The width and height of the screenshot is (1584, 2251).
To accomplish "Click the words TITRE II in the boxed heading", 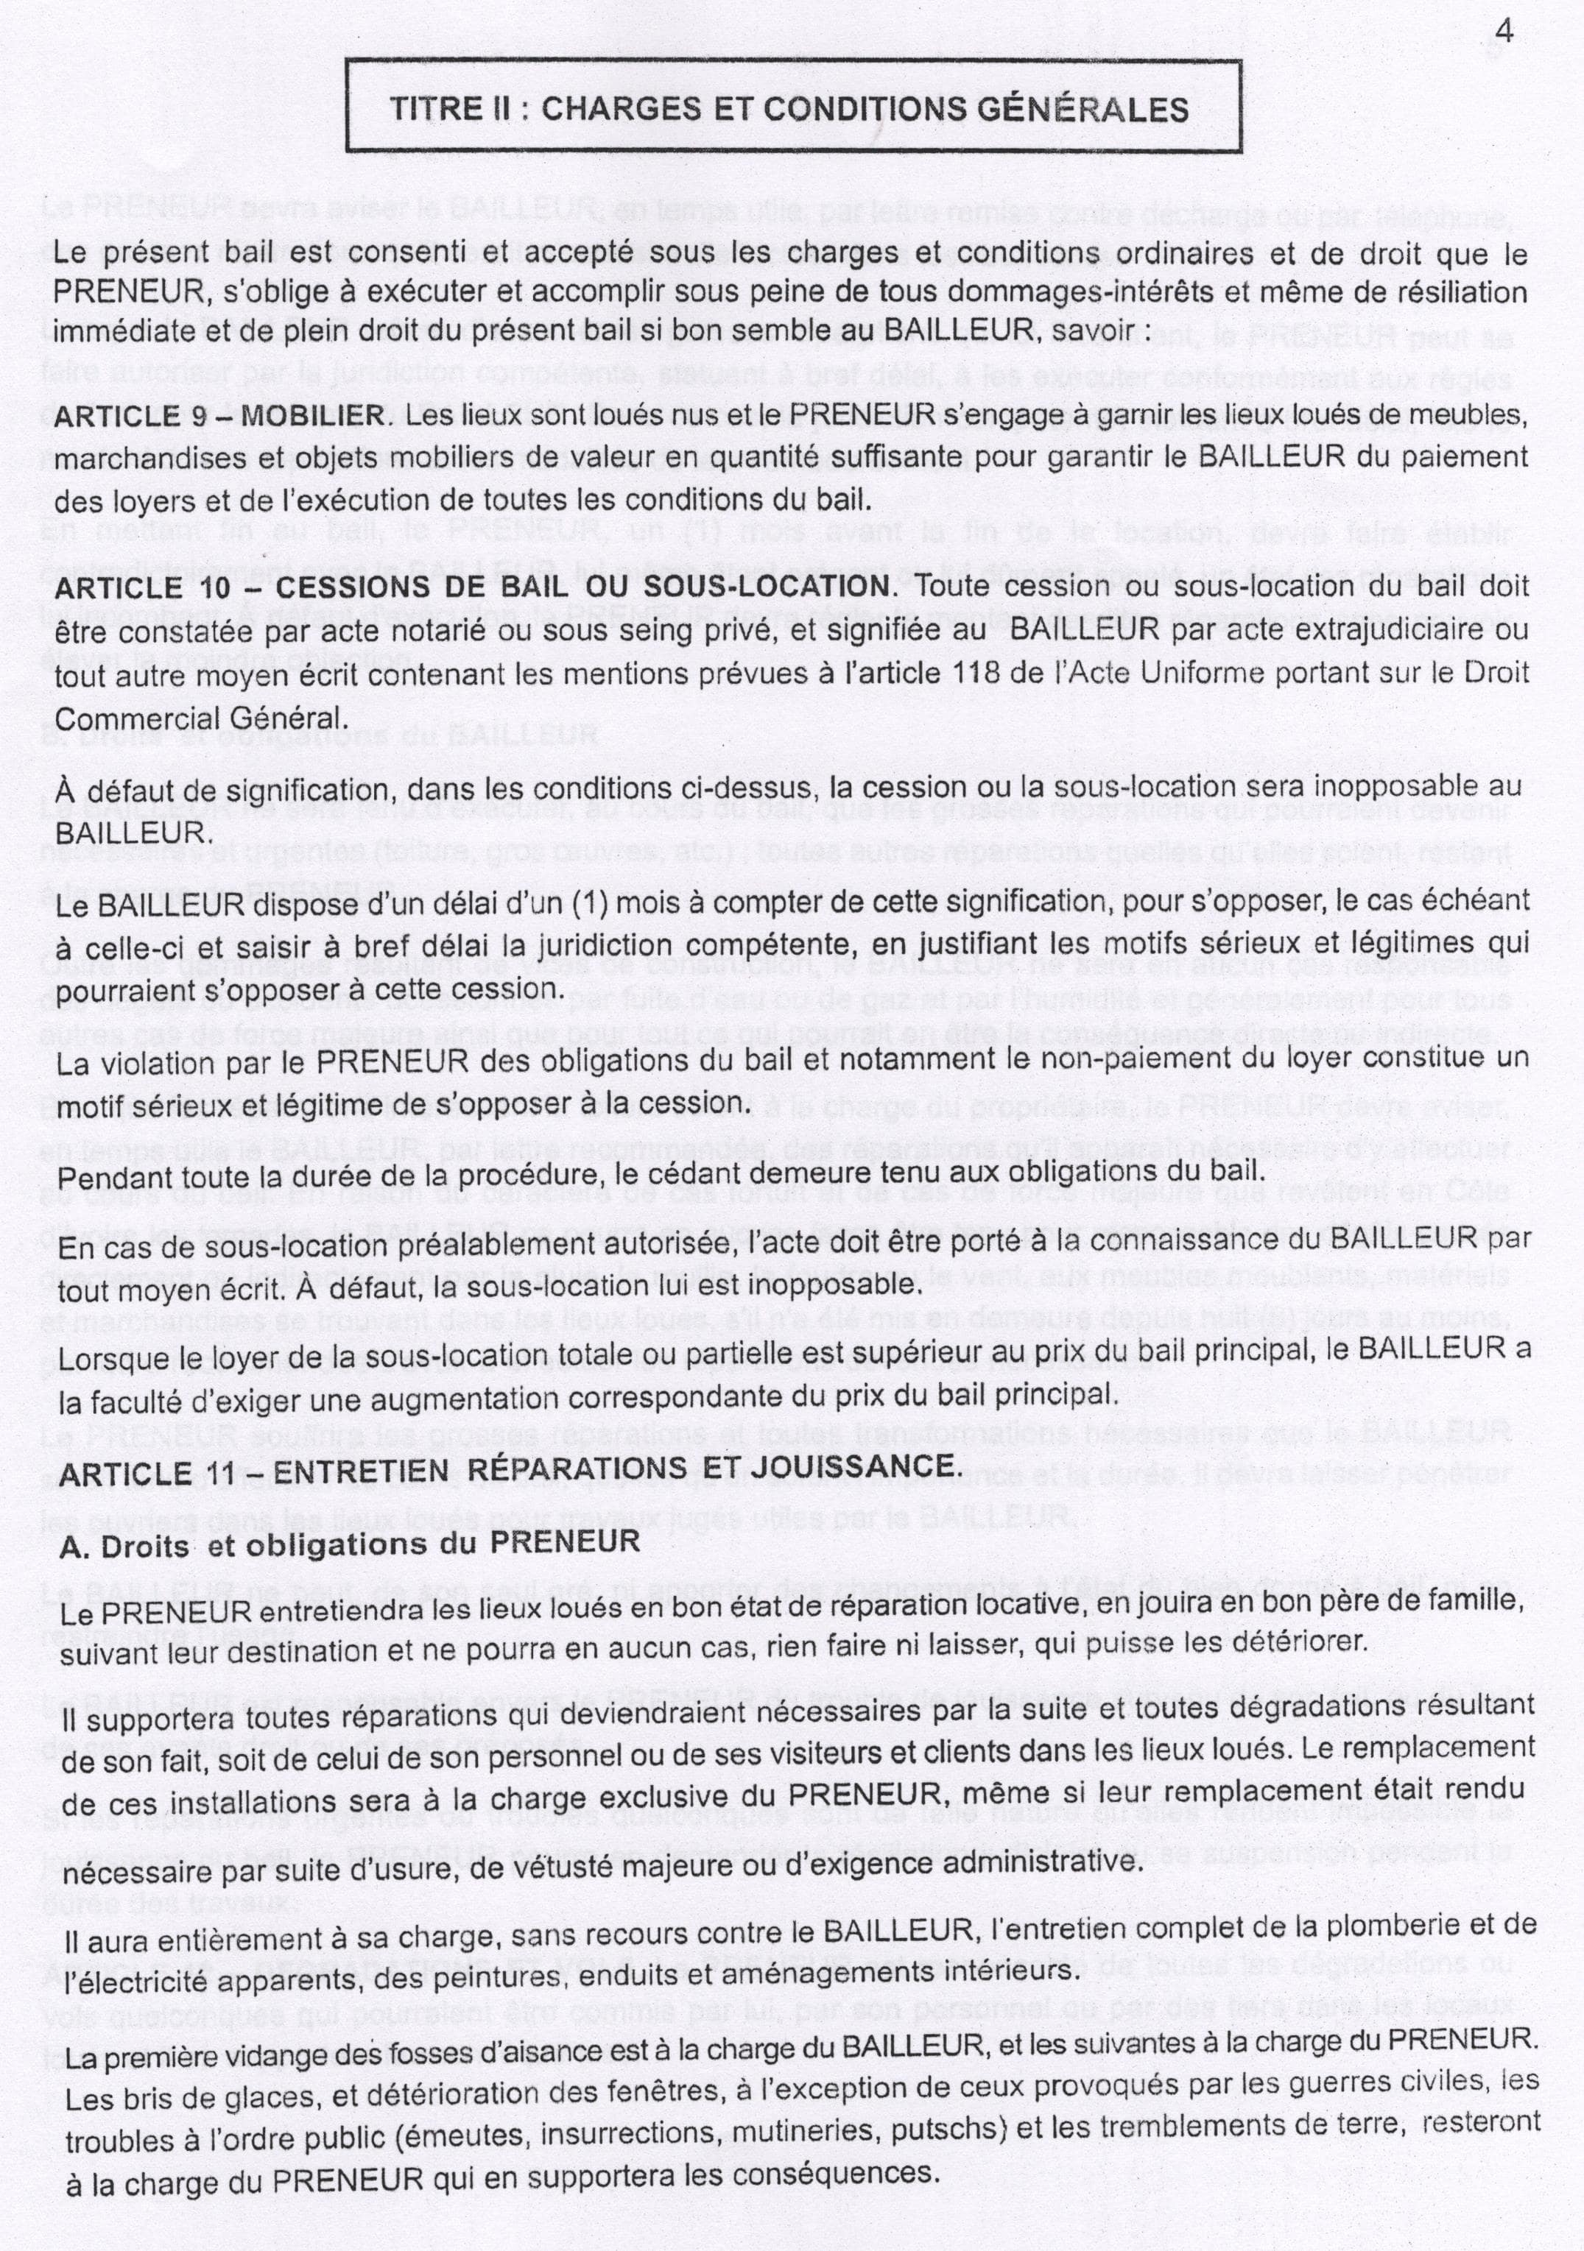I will click(x=446, y=109).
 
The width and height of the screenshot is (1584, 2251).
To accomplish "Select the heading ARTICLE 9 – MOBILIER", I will click(x=219, y=416).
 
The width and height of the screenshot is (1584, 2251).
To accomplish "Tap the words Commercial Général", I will click(x=201, y=718).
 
